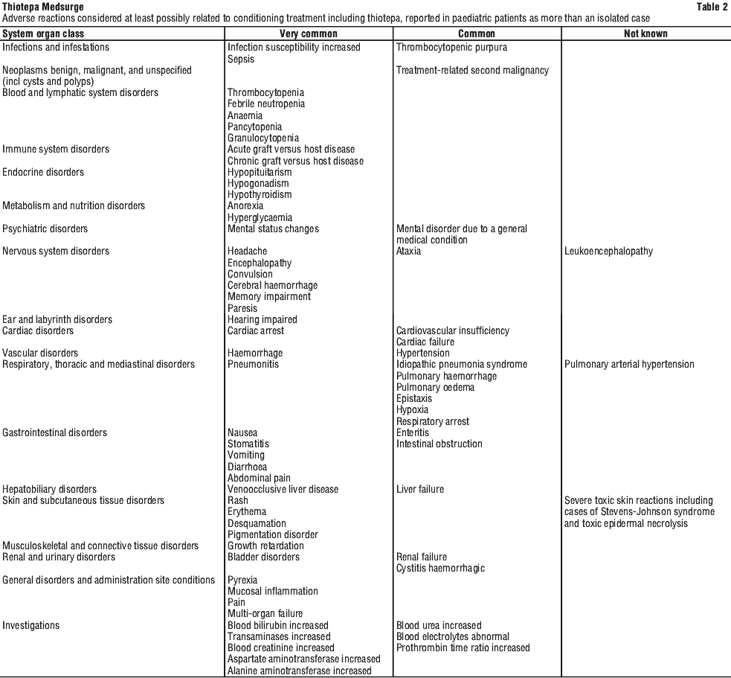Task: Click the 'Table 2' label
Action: tap(712, 7)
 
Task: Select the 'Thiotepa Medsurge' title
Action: tap(42, 7)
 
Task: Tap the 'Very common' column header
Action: tap(309, 33)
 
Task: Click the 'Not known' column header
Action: tap(645, 33)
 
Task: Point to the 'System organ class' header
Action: tap(43, 33)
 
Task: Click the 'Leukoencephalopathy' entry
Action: tap(608, 251)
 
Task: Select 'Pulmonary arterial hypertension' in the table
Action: tap(629, 365)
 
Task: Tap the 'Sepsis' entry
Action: tap(241, 59)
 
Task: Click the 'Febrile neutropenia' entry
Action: tap(266, 104)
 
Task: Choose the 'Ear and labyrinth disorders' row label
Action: tap(57, 319)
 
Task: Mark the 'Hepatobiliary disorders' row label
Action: tap(50, 489)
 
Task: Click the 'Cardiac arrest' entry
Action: tap(256, 330)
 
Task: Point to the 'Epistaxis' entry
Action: tap(414, 398)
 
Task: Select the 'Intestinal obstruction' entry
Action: tap(439, 444)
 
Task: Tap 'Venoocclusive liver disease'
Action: tap(283, 489)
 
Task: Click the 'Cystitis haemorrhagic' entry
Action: tap(440, 569)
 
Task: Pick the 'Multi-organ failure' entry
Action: tap(265, 614)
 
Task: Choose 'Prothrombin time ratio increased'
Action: tap(463, 647)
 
